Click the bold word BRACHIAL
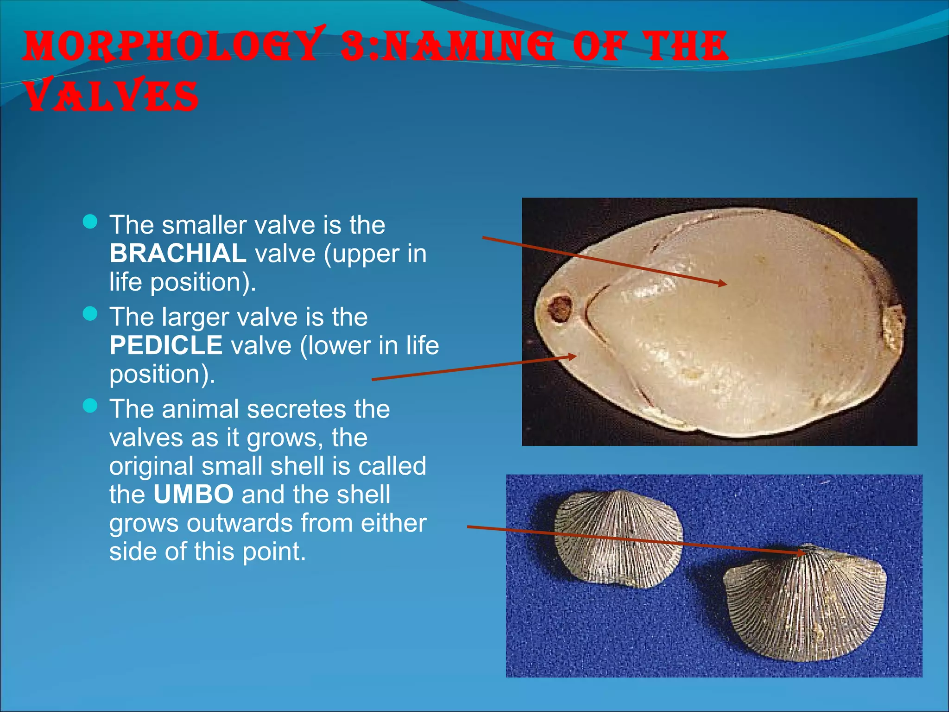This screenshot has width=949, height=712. coord(177,254)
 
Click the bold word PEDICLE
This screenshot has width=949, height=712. coord(166,345)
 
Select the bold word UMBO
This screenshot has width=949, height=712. coord(193,494)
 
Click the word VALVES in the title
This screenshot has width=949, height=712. coord(111,96)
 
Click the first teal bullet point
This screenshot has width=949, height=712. coord(90,222)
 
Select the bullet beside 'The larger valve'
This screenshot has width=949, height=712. coord(90,314)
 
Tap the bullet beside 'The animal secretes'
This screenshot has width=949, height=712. coord(90,406)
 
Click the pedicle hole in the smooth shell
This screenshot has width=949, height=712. coord(560,309)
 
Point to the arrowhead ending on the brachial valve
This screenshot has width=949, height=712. coord(723,283)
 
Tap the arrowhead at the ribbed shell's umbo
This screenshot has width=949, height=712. coord(802,553)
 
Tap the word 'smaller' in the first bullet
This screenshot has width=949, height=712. coord(204,225)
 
